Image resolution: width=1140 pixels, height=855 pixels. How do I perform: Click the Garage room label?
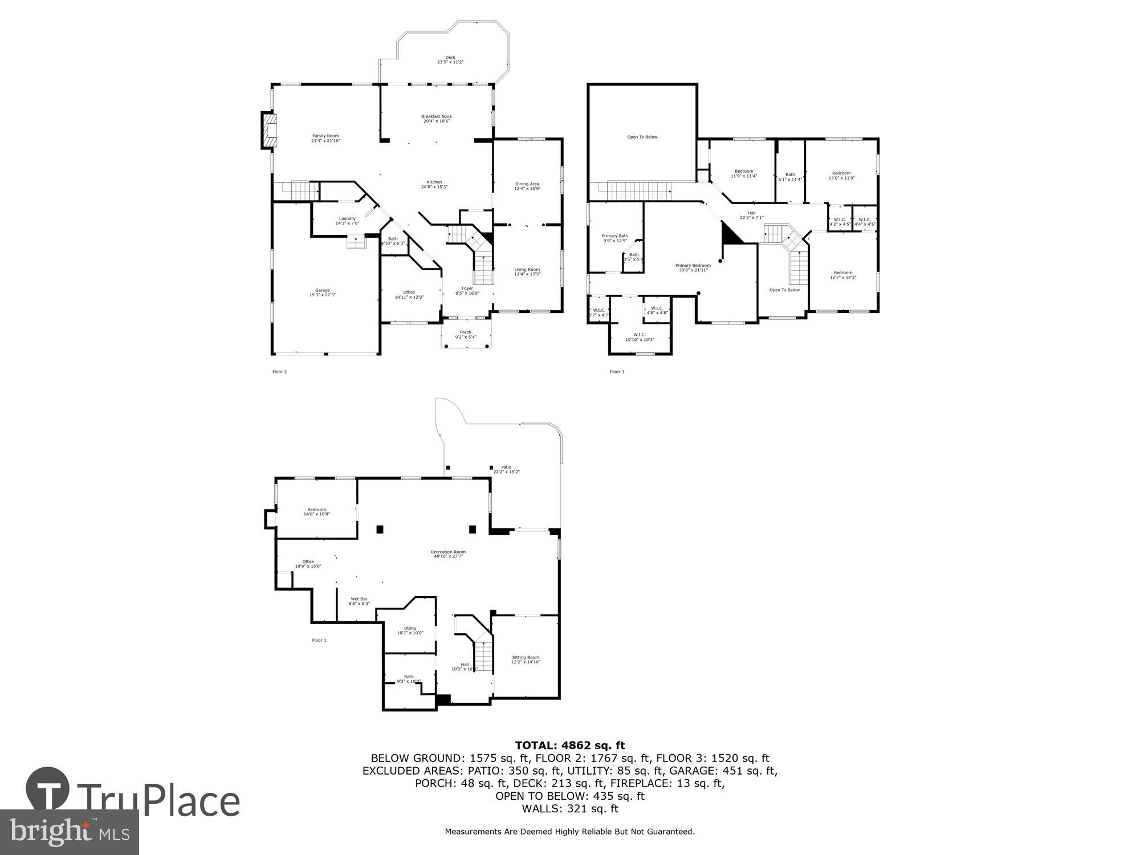coord(322,292)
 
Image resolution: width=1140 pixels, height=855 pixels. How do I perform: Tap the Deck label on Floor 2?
coord(450,59)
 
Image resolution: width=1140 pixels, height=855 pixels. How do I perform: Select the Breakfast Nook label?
coord(437,119)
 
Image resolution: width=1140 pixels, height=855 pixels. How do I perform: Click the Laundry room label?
coord(347,221)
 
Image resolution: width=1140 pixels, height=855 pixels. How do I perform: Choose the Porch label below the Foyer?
coord(466,335)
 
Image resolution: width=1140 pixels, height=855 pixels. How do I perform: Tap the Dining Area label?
coord(527,186)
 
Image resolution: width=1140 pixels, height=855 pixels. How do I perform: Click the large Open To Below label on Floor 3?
coord(642,137)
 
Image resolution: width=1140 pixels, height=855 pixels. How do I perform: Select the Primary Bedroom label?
coord(693,267)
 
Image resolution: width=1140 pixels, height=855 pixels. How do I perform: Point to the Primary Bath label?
coord(615,238)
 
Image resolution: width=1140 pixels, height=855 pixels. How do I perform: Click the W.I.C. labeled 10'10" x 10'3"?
coord(640,337)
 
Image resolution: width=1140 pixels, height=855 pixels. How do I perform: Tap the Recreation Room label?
coord(448,553)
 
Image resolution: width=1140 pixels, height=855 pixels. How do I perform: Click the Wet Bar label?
coord(359,601)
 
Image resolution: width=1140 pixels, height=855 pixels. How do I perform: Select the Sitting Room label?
coord(526,659)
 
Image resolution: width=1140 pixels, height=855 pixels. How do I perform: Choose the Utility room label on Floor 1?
coord(410,630)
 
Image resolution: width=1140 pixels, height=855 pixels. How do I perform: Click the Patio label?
coord(506,469)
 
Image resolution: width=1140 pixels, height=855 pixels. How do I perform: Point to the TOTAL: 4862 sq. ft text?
coord(570,745)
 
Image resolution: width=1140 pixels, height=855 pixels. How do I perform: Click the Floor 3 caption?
coord(617,372)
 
